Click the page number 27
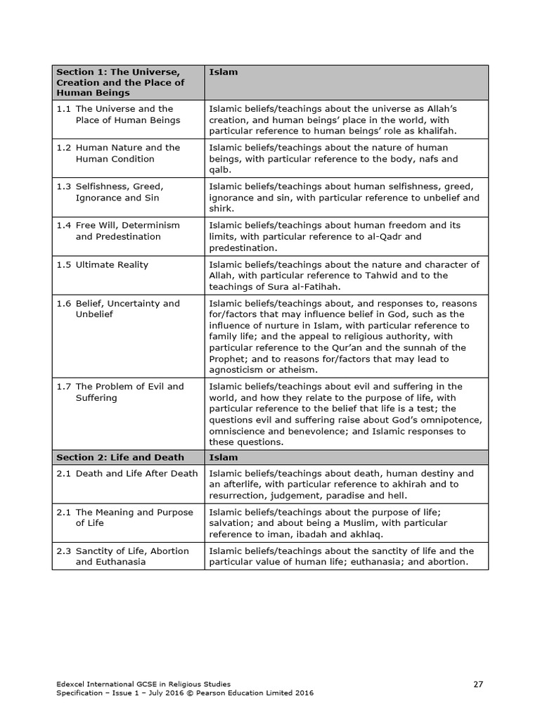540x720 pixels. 478,683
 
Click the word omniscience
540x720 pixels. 237,431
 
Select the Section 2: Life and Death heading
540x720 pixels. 120,457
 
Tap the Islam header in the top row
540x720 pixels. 224,72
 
